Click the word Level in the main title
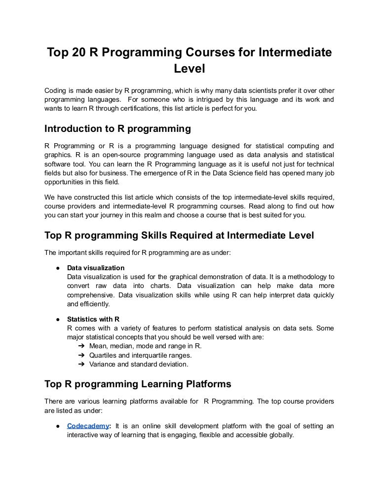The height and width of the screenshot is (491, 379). [189, 70]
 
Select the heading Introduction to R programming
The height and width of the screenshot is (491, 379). [117, 129]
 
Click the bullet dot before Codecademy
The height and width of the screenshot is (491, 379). [58, 426]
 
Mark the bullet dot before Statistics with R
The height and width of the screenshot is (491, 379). [58, 319]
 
